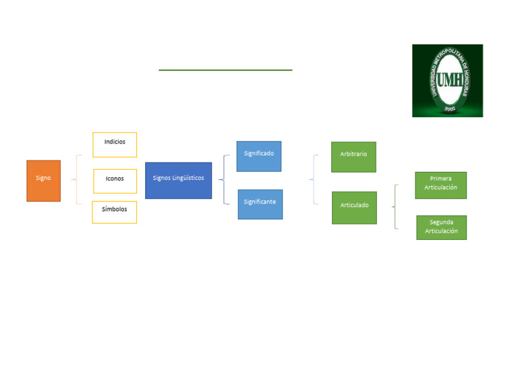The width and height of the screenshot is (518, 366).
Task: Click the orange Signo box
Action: click(44, 181)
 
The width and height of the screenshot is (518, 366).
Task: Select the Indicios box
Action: click(115, 145)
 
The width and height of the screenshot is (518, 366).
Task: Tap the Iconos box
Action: click(115, 181)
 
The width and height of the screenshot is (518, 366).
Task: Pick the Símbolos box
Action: click(114, 212)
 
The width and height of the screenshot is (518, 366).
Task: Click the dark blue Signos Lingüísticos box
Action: click(178, 181)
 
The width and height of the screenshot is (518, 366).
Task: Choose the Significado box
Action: click(259, 156)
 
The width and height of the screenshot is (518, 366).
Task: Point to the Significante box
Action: click(260, 204)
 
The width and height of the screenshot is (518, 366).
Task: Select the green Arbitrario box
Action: click(354, 157)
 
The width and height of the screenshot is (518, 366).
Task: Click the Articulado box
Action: click(355, 208)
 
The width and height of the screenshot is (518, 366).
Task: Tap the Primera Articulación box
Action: click(440, 185)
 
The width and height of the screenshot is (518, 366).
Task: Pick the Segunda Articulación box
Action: click(441, 227)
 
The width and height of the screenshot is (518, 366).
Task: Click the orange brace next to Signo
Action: click(77, 179)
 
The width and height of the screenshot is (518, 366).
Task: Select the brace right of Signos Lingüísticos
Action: click(225, 179)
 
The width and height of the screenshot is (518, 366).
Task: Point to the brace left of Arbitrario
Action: click(314, 179)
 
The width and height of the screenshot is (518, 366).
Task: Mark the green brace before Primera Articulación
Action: click(395, 207)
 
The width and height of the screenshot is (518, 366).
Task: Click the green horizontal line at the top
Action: click(225, 70)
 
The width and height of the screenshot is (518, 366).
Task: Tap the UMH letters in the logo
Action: click(450, 80)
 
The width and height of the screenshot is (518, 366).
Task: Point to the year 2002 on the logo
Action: click(450, 109)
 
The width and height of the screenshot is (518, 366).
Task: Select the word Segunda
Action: click(441, 222)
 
